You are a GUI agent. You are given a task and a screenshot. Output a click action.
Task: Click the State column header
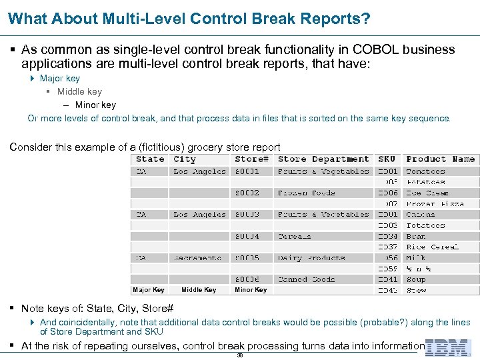[x=150, y=159]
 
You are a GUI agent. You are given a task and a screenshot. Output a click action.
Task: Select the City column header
[x=185, y=159]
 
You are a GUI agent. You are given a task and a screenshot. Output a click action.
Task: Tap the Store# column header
[x=252, y=159]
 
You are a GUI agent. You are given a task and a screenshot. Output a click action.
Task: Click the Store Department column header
[x=323, y=159]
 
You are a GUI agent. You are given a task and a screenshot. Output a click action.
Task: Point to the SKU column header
[x=387, y=159]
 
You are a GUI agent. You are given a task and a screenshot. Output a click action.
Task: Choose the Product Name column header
[x=441, y=159]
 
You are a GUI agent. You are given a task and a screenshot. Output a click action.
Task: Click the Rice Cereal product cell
[x=433, y=247]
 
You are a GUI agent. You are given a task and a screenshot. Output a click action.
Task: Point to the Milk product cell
[x=416, y=257]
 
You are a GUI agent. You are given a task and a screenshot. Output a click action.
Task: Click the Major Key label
[x=149, y=290]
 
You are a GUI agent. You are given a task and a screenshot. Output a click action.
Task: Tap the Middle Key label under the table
[x=199, y=290]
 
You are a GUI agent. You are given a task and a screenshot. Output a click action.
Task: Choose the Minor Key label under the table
[x=251, y=290]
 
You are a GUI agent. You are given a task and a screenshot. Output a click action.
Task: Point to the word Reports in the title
[x=332, y=19]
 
